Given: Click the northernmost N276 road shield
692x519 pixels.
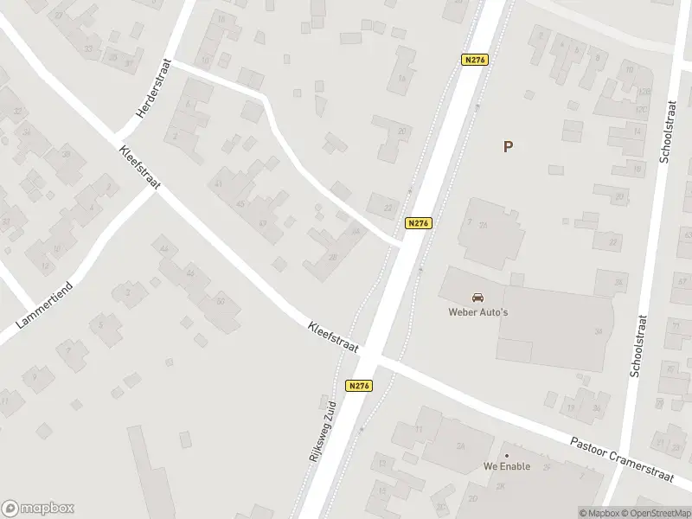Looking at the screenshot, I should pyautogui.click(x=475, y=60).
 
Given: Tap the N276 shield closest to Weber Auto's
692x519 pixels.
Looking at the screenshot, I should pyautogui.click(x=418, y=223).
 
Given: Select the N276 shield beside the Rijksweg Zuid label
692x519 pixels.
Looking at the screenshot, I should pyautogui.click(x=360, y=386).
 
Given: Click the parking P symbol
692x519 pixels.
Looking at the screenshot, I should pyautogui.click(x=508, y=147).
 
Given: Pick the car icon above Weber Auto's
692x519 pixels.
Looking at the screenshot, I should pyautogui.click(x=477, y=298).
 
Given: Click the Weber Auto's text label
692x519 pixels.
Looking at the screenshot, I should pyautogui.click(x=477, y=312).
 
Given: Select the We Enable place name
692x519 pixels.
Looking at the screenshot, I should pyautogui.click(x=507, y=466).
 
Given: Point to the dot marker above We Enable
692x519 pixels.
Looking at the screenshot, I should pyautogui.click(x=507, y=455).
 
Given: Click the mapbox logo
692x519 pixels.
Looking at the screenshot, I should pyautogui.click(x=38, y=509).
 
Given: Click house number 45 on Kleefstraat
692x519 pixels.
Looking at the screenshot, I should pyautogui.click(x=239, y=204).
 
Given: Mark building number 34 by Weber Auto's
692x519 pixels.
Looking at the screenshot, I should pyautogui.click(x=598, y=331).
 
